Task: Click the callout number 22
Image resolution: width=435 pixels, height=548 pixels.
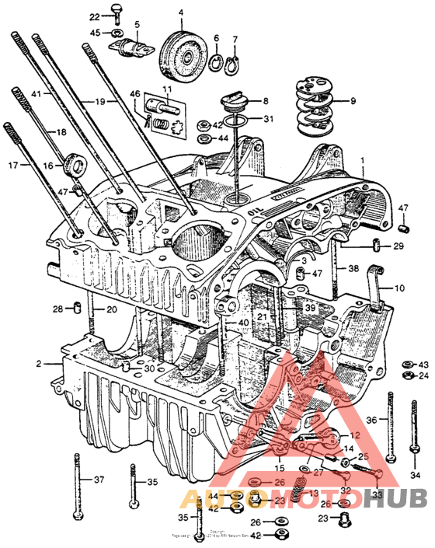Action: click(94, 17)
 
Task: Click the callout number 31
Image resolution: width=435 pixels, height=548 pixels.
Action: click(268, 119)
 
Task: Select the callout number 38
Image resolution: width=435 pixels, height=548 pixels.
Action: click(353, 269)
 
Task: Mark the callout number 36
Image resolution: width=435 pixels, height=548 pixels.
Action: click(371, 420)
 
